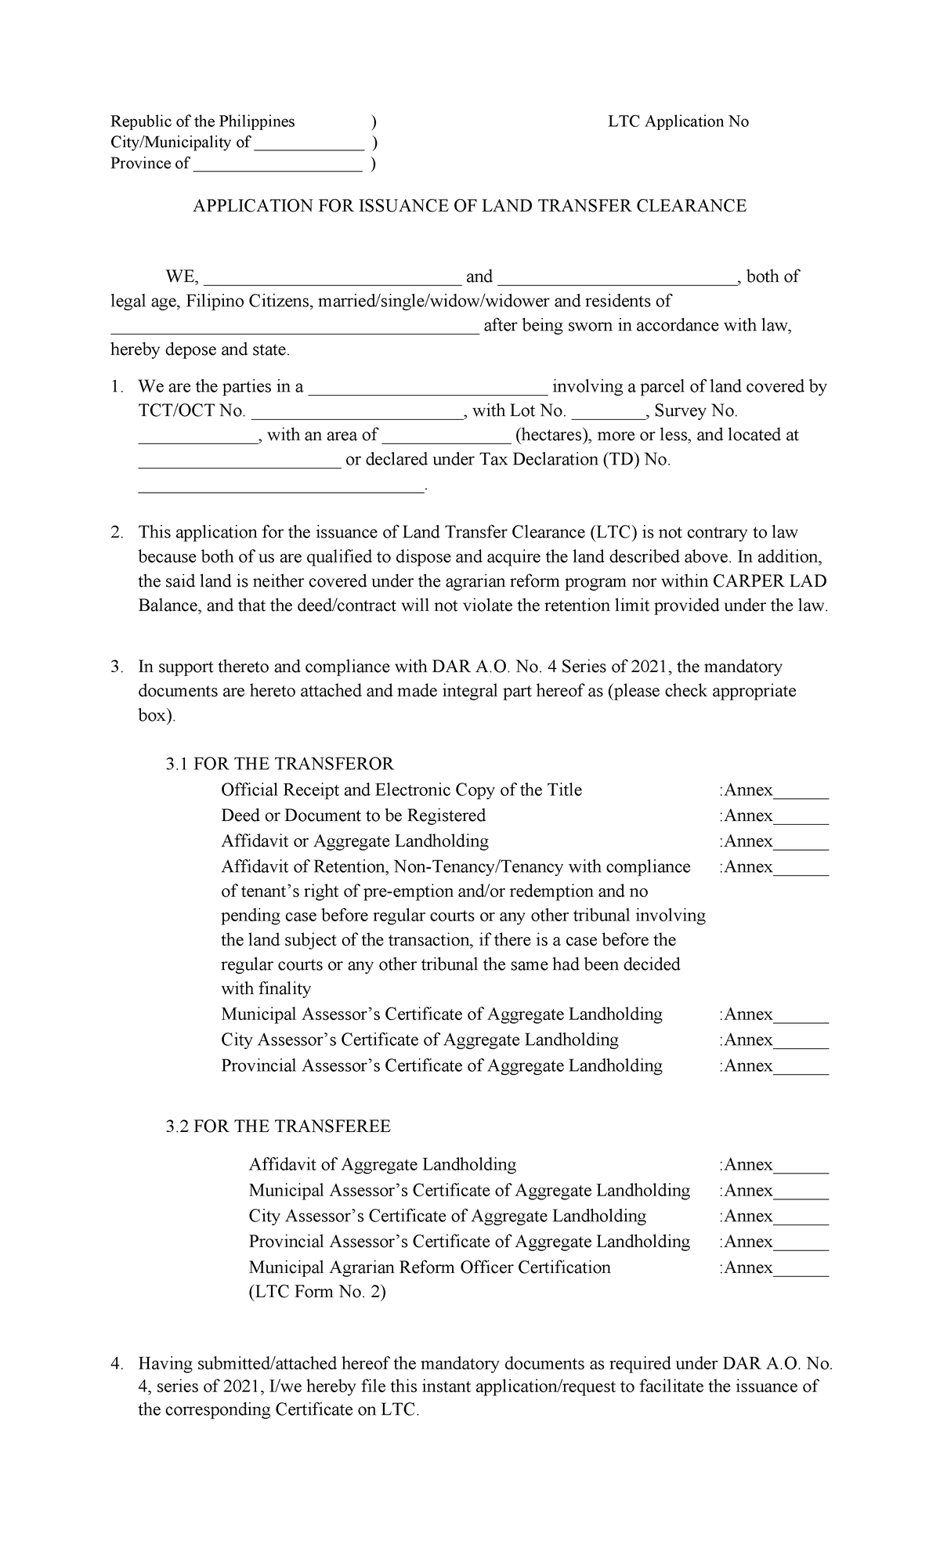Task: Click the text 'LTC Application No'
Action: (678, 121)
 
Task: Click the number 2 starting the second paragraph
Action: (116, 533)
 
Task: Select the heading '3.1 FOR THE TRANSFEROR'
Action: (280, 764)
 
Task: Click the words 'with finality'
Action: (266, 989)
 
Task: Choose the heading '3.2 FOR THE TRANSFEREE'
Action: (278, 1127)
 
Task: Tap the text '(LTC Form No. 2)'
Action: (317, 1293)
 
